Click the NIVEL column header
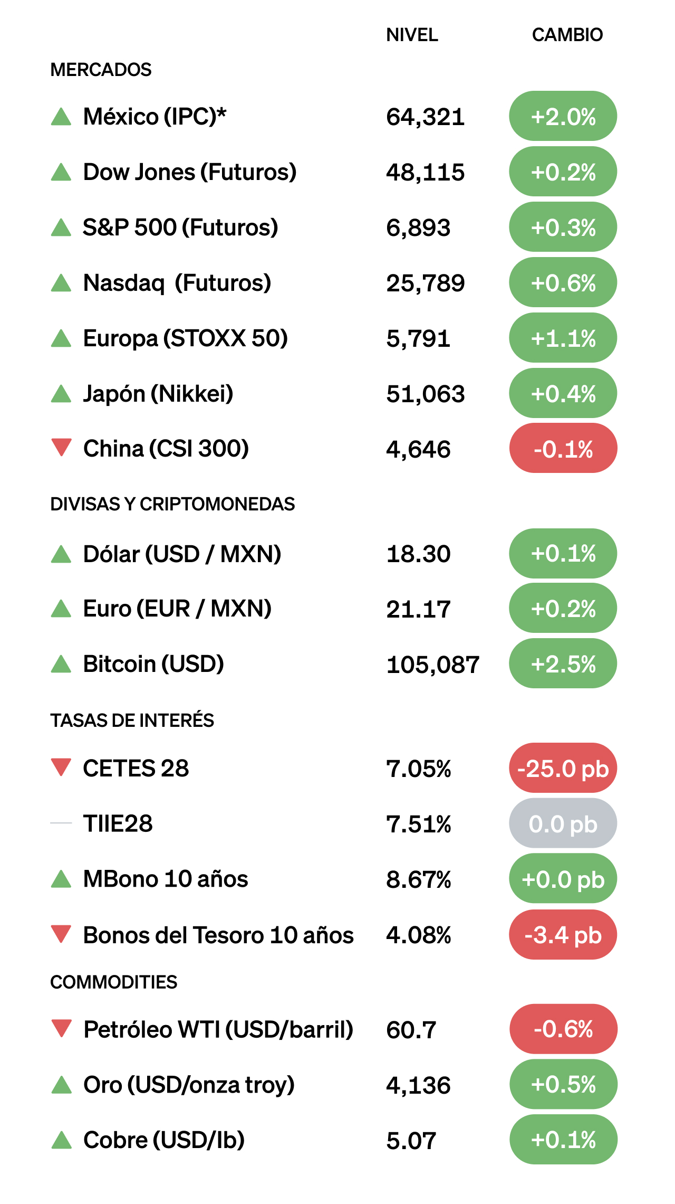412,35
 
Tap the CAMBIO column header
567,35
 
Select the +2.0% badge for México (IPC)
563,116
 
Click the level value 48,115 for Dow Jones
425,172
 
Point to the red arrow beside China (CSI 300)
61,447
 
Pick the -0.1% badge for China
563,449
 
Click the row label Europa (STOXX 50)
186,338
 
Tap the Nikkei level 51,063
425,394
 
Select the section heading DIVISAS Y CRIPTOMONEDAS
172,504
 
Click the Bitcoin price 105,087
432,665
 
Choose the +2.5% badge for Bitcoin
563,663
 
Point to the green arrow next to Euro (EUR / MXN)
61,609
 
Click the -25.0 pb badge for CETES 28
563,769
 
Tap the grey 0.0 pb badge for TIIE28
563,824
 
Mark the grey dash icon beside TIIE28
61,823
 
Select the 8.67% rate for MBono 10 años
418,880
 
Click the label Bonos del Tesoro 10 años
218,935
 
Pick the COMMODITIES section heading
114,982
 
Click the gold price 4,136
418,1086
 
